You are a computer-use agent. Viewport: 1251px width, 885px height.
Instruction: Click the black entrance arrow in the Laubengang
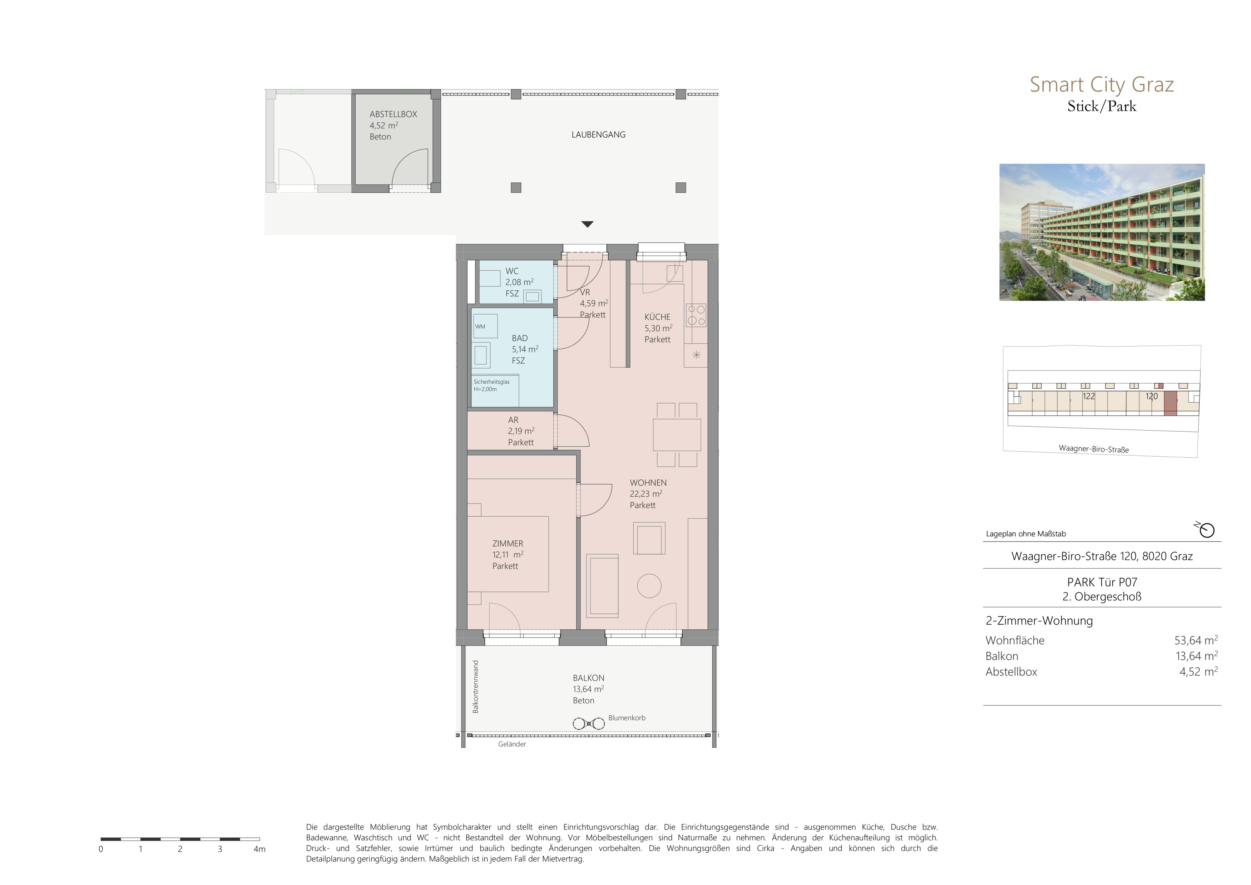tap(587, 224)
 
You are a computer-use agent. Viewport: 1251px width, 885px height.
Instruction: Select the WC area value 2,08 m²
tap(519, 282)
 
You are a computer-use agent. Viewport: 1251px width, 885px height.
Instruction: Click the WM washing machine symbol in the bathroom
tap(485, 326)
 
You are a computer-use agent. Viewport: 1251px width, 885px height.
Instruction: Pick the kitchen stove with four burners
tap(696, 315)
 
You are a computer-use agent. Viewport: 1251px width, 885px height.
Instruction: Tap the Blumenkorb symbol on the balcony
tap(588, 724)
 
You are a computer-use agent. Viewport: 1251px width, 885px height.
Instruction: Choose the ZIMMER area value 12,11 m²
tap(508, 555)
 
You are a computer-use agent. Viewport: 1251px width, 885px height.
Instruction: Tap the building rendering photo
tap(1102, 232)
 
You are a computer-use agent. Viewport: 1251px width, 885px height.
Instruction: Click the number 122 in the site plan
tap(1089, 396)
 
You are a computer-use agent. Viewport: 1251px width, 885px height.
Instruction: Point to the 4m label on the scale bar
tap(259, 849)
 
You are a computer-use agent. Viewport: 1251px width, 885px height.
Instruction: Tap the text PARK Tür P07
tap(1102, 582)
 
